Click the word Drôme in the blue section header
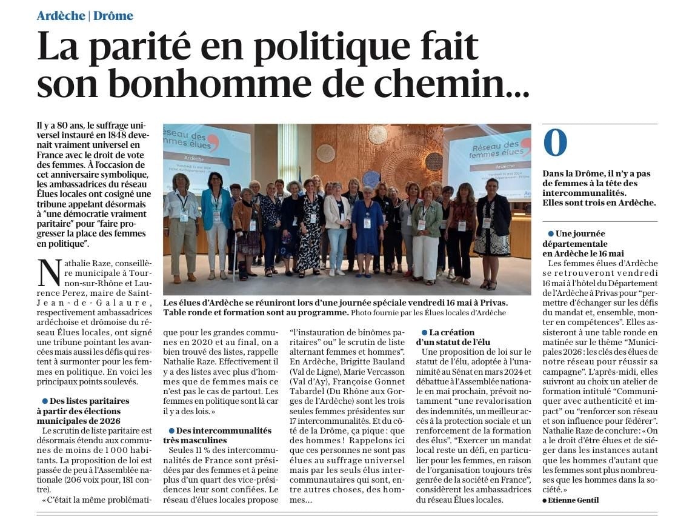pyautogui.click(x=113, y=16)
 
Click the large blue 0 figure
pyautogui.click(x=555, y=143)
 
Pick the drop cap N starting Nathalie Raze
pyautogui.click(x=50, y=273)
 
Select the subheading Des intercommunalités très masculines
pyautogui.click(x=217, y=435)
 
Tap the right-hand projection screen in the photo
pyautogui.click(x=489, y=159)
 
